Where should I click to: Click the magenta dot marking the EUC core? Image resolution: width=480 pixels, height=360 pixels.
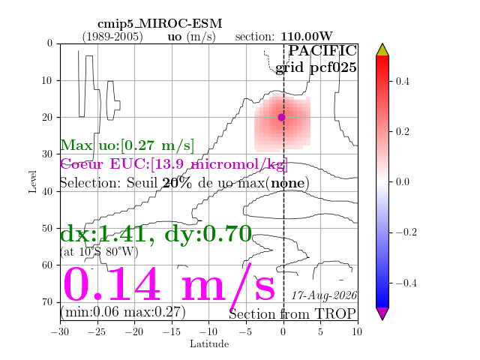[282, 117]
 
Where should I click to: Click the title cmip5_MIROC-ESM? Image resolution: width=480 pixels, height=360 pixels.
[160, 24]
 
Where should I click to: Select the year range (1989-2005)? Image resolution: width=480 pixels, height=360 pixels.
[112, 37]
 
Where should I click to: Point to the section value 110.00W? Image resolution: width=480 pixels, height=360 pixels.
[307, 37]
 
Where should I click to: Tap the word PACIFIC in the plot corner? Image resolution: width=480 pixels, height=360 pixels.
[322, 50]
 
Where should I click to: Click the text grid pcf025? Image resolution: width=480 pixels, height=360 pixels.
[316, 67]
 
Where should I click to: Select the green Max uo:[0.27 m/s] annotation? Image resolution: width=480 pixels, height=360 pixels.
[127, 145]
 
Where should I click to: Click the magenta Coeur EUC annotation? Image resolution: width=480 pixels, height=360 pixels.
[174, 164]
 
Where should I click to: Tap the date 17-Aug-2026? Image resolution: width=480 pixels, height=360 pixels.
[324, 295]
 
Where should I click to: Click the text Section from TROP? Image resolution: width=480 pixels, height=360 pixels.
[292, 314]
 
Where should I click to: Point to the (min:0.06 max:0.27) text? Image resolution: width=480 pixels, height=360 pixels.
[123, 312]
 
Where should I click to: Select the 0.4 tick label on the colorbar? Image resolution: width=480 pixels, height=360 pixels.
[402, 82]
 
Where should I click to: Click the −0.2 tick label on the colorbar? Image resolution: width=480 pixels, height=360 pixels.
[406, 232]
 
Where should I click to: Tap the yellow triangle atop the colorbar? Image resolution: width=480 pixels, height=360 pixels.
[382, 50]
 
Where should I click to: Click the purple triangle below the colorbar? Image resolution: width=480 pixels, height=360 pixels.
[382, 313]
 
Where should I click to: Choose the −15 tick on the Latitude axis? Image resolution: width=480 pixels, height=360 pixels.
[172, 331]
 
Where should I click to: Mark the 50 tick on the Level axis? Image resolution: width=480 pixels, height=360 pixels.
[47, 228]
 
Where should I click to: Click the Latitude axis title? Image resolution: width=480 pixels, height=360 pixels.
[209, 344]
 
